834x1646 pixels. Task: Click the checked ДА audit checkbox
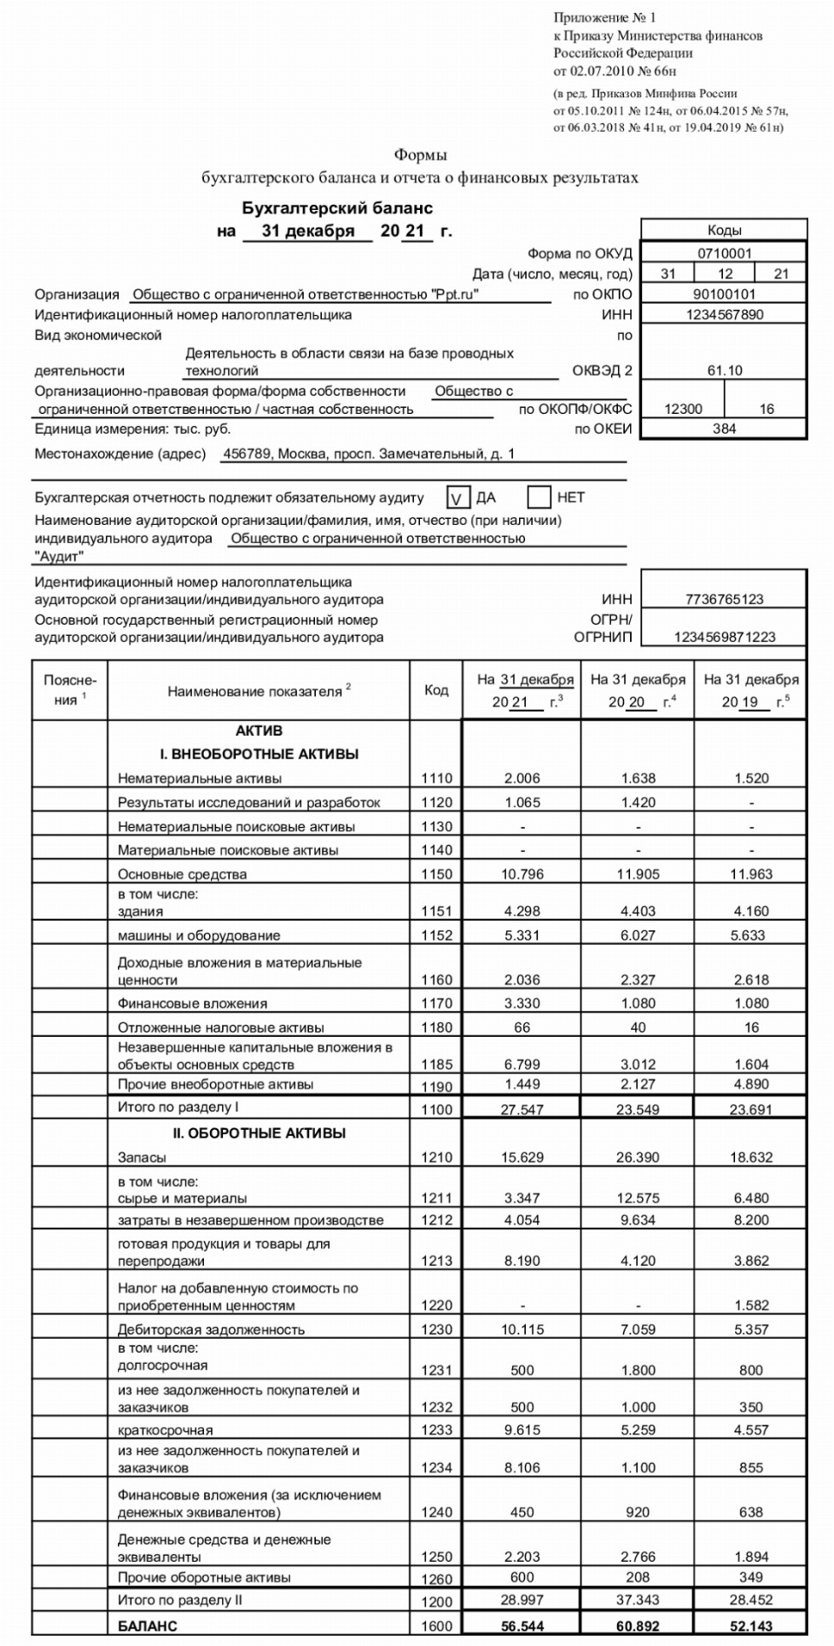(457, 498)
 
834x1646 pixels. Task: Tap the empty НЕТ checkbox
(539, 498)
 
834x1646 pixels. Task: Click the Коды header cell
(724, 230)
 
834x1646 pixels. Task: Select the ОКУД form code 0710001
(724, 253)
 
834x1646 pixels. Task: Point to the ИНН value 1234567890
(724, 315)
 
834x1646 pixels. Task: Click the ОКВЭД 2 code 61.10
(724, 371)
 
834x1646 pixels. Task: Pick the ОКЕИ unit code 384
(724, 429)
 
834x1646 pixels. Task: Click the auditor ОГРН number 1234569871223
(724, 637)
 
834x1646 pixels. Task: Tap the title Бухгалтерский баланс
(337, 208)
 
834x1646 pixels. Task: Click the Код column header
(436, 691)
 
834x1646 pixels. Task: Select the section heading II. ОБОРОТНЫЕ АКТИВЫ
(259, 1133)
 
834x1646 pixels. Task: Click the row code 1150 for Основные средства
(437, 875)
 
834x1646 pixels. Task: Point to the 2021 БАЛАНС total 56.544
(522, 1626)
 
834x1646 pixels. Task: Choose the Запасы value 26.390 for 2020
(638, 1157)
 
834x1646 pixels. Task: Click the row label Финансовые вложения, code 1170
(193, 1003)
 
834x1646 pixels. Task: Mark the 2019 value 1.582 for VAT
(751, 1305)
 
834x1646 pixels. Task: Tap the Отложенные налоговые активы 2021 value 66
(522, 1027)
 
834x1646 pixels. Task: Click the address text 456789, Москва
(368, 454)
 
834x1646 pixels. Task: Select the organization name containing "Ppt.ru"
(305, 294)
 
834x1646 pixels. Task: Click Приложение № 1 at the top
(605, 17)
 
